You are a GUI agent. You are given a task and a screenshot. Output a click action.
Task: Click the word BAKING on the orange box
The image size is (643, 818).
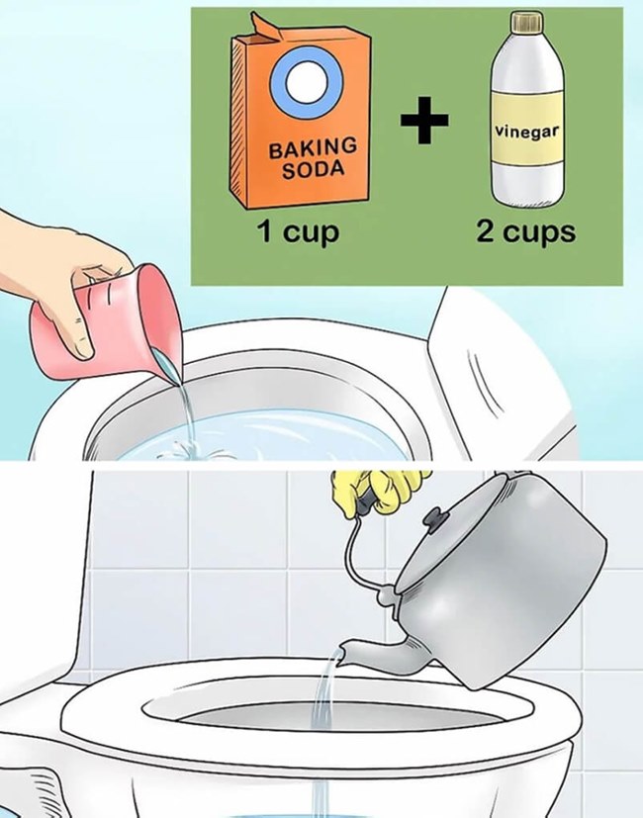pos(314,147)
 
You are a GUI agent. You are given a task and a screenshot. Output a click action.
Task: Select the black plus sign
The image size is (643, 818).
pos(424,120)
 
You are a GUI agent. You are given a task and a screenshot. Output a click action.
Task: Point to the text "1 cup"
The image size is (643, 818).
pos(298,234)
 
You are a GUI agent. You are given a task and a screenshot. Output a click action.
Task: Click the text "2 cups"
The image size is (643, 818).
pos(526,234)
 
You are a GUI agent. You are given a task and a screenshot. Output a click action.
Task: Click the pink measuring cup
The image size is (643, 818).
pos(99,317)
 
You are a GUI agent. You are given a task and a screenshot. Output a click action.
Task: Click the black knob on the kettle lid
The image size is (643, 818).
pos(434,517)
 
